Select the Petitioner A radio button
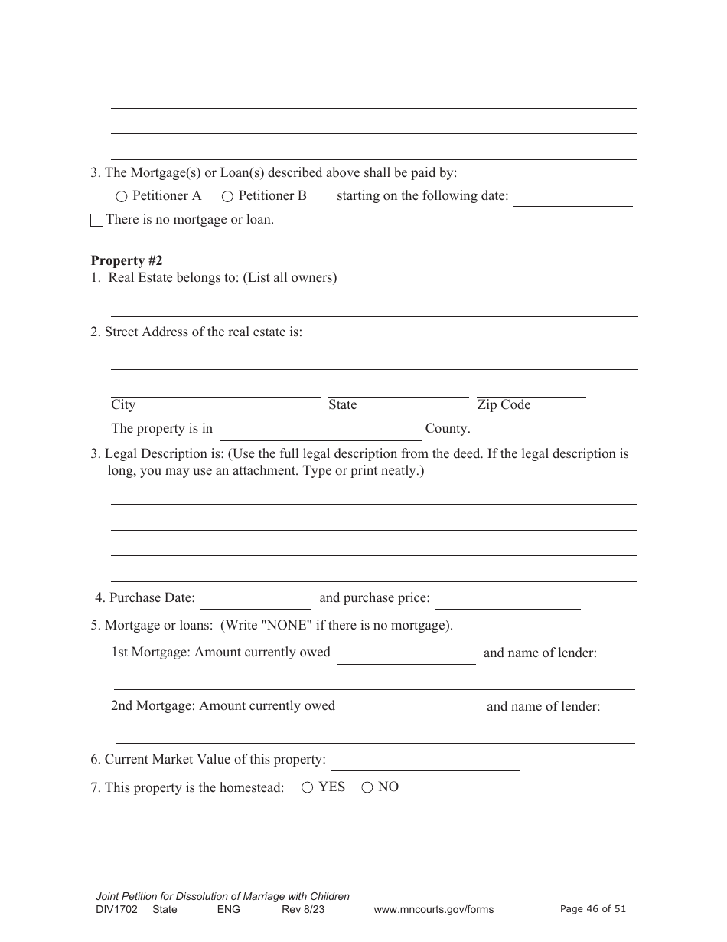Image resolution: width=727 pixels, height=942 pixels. click(x=122, y=197)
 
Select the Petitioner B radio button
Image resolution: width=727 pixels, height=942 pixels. click(x=227, y=197)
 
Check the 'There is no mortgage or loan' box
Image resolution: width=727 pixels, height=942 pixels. click(x=96, y=221)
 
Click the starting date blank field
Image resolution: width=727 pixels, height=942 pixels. click(x=572, y=198)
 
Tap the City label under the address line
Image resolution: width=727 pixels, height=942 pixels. click(x=123, y=405)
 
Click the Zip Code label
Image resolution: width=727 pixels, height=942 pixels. click(x=504, y=405)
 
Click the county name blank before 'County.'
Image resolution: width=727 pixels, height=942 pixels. click(x=321, y=431)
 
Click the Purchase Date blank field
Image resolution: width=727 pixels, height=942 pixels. click(x=255, y=600)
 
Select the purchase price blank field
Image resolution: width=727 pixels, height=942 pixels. click(x=507, y=600)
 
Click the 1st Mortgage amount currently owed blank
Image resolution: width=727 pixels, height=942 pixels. click(x=406, y=655)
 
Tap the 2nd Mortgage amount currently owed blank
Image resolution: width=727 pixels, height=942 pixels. click(x=410, y=708)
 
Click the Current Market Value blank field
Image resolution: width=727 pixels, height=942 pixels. click(x=425, y=761)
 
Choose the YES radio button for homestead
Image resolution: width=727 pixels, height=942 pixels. click(x=307, y=787)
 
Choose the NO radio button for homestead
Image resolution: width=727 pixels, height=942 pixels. click(x=367, y=787)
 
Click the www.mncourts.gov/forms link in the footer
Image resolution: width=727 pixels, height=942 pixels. click(x=433, y=910)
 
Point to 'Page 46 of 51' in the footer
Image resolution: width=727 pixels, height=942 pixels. click(x=593, y=909)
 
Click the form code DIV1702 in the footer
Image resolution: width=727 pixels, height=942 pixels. click(x=116, y=910)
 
